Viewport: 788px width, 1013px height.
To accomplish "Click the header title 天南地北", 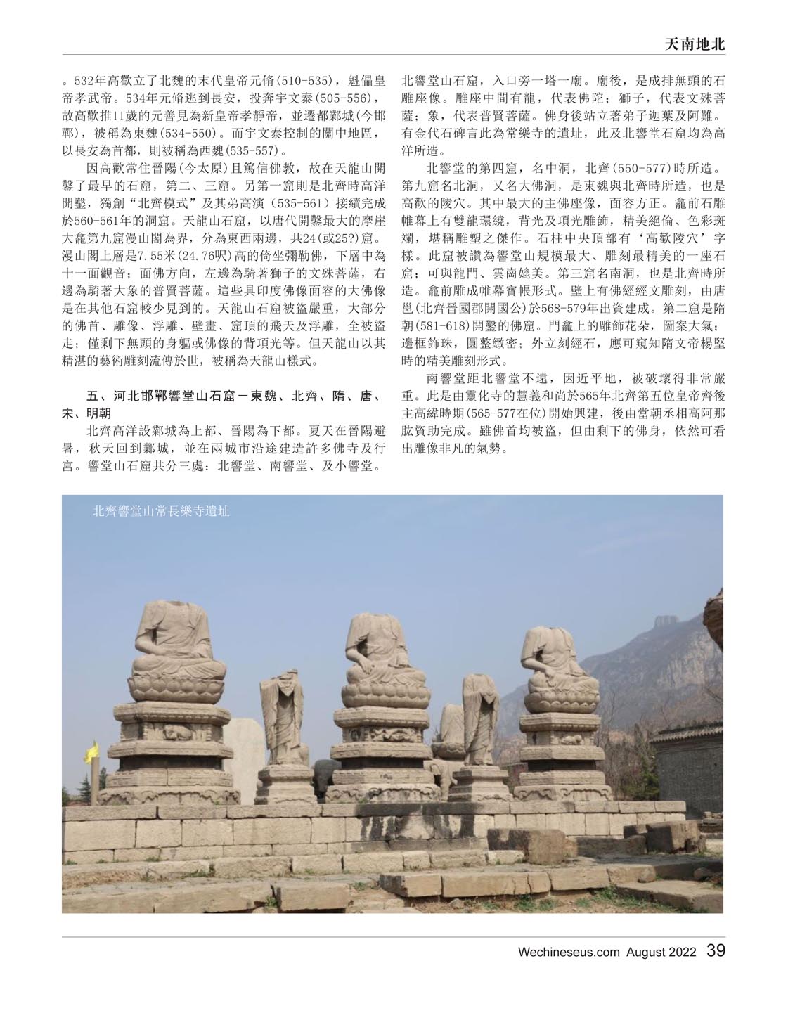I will point(694,44).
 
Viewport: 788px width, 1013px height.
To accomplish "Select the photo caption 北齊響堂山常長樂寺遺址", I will point(161,512).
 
